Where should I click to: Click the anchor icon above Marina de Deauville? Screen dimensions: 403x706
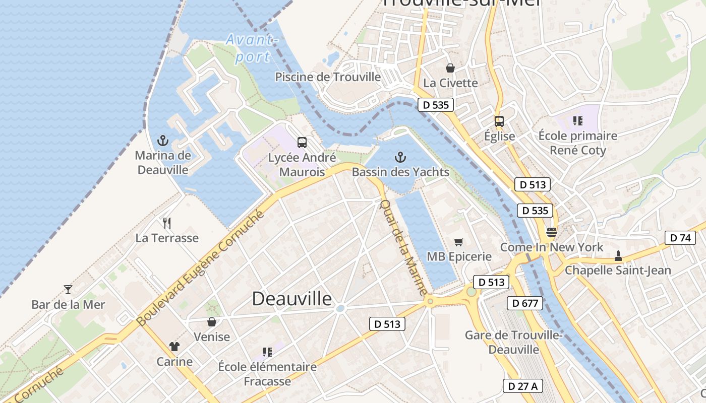[162, 140]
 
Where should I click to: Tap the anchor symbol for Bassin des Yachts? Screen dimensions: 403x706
[400, 157]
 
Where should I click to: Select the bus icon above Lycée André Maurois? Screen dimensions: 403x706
[302, 143]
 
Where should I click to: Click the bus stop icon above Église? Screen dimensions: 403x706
[499, 121]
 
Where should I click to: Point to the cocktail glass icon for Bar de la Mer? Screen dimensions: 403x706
[68, 290]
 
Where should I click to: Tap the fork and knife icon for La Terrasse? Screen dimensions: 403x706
[167, 223]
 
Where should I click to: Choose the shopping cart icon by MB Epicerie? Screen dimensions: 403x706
[458, 242]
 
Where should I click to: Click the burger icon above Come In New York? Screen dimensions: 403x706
[551, 232]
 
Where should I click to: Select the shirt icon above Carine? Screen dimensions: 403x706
[174, 347]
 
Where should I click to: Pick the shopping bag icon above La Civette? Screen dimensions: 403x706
[450, 68]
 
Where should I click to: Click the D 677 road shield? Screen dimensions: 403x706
[525, 303]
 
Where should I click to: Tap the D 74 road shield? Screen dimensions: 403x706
[680, 238]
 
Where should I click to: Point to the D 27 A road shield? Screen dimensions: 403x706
[523, 386]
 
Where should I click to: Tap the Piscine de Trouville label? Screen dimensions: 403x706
[328, 77]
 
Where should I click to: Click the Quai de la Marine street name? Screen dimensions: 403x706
[403, 247]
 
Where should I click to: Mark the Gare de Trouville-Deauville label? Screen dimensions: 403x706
[513, 342]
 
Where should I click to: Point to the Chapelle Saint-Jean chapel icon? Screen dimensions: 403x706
[618, 256]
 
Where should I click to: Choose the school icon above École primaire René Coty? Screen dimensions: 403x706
[577, 121]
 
